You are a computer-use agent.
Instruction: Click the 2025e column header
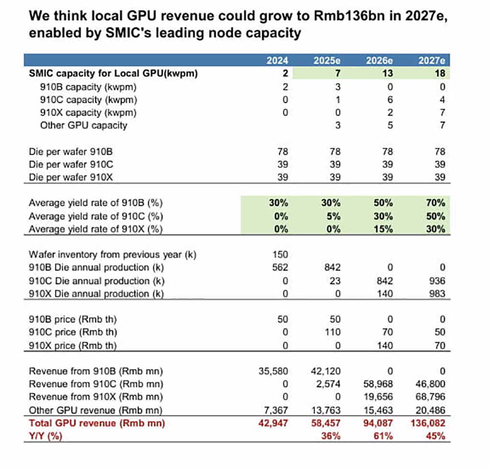327,61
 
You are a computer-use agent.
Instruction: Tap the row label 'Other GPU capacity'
84,125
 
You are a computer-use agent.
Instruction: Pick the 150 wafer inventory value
280,255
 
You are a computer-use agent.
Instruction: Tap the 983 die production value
437,293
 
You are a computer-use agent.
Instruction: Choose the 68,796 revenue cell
429,397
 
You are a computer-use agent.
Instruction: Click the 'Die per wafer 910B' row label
72,152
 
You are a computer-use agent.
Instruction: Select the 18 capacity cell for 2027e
440,74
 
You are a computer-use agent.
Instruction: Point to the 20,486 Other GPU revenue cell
429,410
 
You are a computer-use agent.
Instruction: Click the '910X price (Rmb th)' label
73,345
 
